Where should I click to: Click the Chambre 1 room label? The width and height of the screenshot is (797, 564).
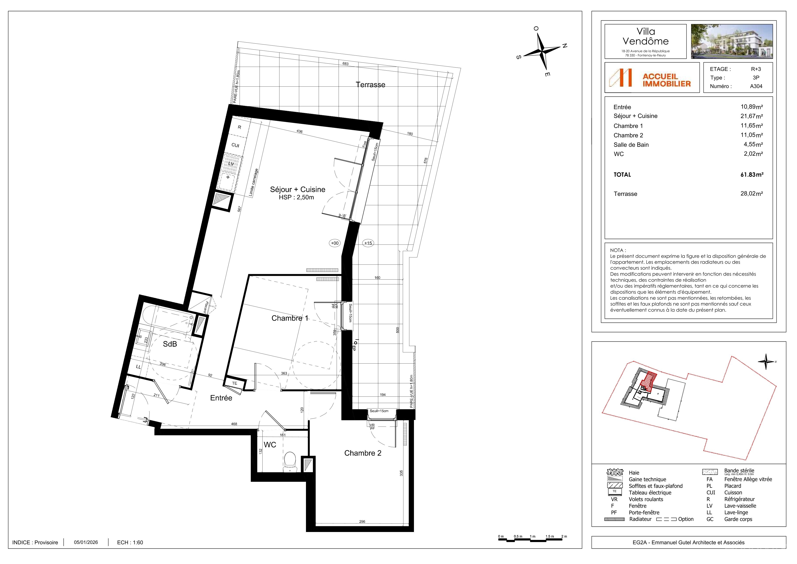290,318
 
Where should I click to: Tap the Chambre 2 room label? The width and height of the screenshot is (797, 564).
362,453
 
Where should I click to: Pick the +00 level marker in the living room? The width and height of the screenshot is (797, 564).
335,243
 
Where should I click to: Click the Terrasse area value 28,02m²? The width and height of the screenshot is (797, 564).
751,194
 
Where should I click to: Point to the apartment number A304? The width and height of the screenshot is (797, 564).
756,86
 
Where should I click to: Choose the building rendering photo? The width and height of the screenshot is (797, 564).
732,41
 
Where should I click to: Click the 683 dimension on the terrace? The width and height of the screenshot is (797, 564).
345,64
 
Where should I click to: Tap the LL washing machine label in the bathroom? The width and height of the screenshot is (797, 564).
138,367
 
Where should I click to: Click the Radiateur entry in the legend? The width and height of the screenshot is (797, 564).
640,519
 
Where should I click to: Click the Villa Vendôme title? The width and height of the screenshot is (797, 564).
646,36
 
